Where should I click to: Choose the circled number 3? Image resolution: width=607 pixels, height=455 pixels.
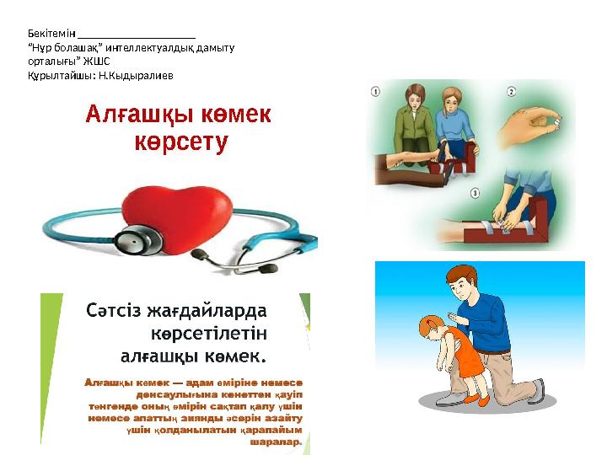[475, 193]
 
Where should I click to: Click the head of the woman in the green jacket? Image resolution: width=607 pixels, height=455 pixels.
[415, 95]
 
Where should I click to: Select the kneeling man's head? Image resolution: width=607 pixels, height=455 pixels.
[463, 281]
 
